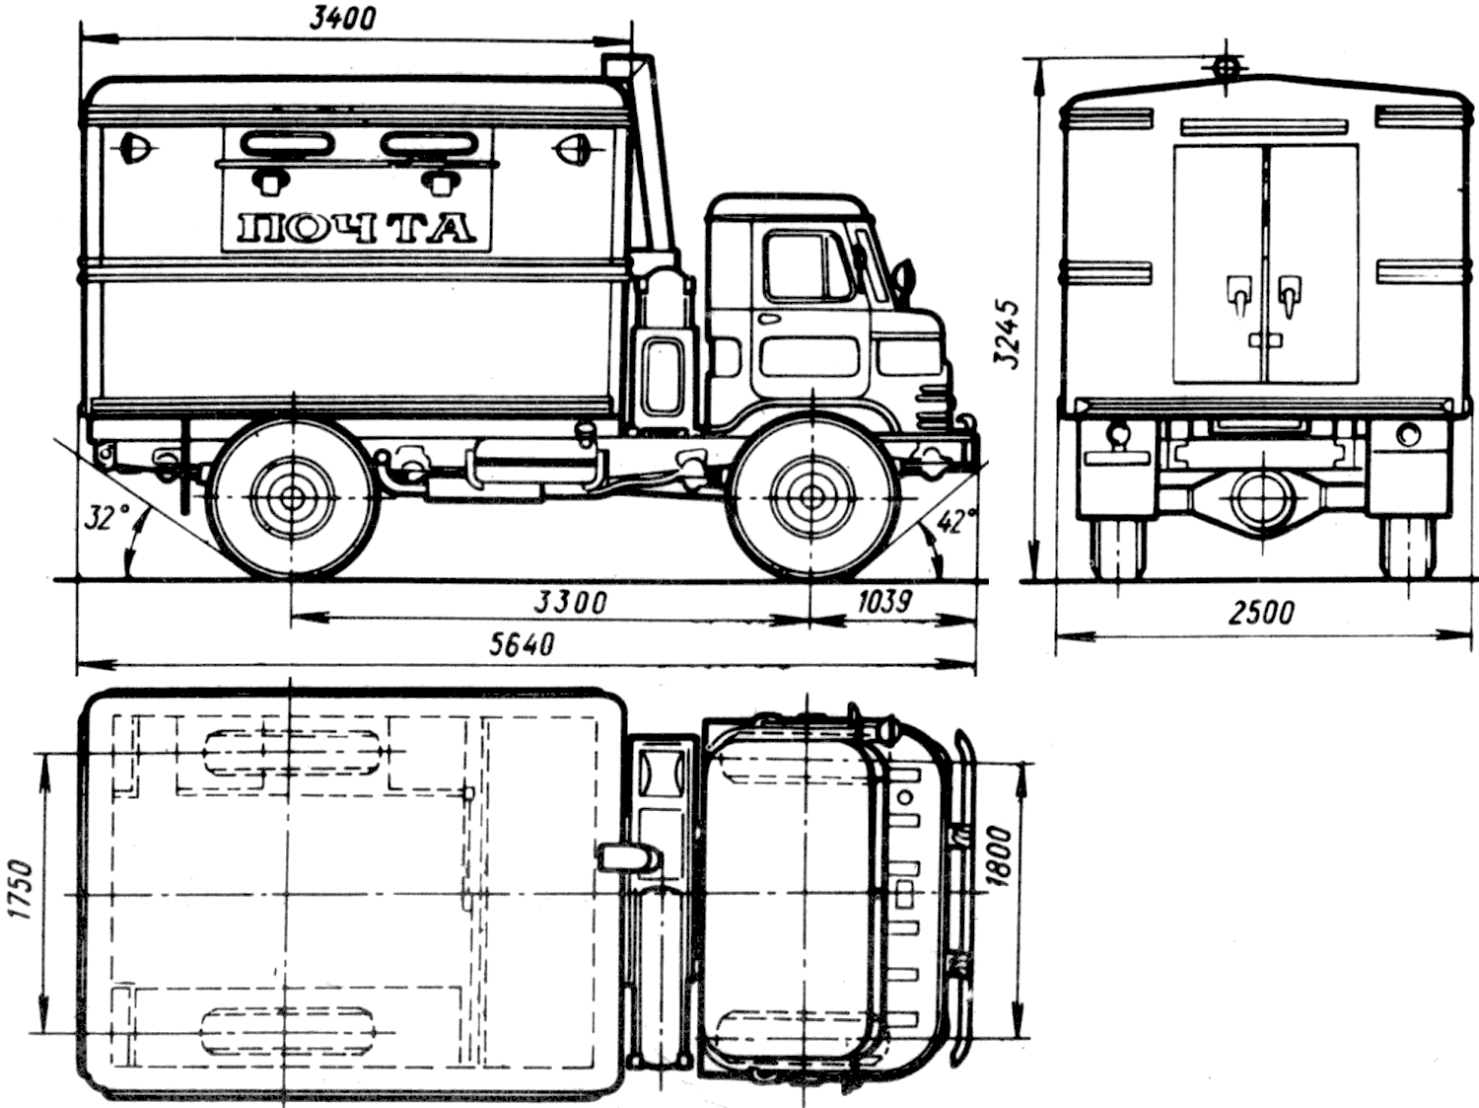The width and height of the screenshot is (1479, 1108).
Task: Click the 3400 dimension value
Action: click(341, 20)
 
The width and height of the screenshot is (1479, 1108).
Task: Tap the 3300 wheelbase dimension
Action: click(571, 602)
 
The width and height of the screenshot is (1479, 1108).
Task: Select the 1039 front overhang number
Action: click(884, 601)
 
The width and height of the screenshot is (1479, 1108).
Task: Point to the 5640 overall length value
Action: click(521, 645)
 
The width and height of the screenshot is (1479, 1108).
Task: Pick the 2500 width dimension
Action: click(1261, 614)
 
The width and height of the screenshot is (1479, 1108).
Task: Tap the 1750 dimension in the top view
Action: click(23, 891)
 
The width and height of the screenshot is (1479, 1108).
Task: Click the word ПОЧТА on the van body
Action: click(357, 229)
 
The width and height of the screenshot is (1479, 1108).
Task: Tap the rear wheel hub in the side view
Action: click(293, 497)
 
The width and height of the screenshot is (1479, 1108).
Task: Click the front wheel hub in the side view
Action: click(811, 497)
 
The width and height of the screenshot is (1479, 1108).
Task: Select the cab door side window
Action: click(806, 267)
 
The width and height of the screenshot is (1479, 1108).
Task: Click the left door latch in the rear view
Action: click(1238, 295)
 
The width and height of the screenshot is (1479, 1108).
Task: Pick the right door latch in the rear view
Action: click(1289, 295)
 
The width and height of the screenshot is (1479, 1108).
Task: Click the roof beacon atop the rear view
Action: click(1225, 67)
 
